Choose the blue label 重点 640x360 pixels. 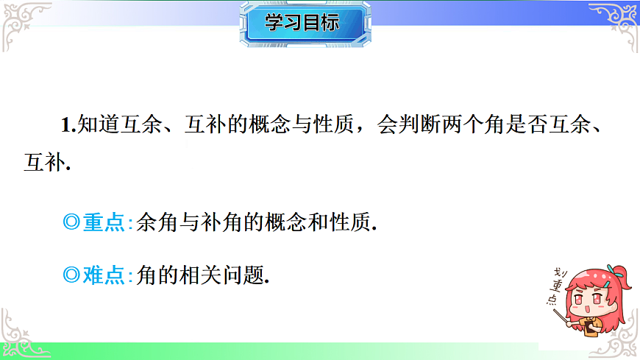(104, 222)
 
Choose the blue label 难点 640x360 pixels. (104, 275)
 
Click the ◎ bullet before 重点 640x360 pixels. (71, 222)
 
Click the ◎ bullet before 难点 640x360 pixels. (71, 275)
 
